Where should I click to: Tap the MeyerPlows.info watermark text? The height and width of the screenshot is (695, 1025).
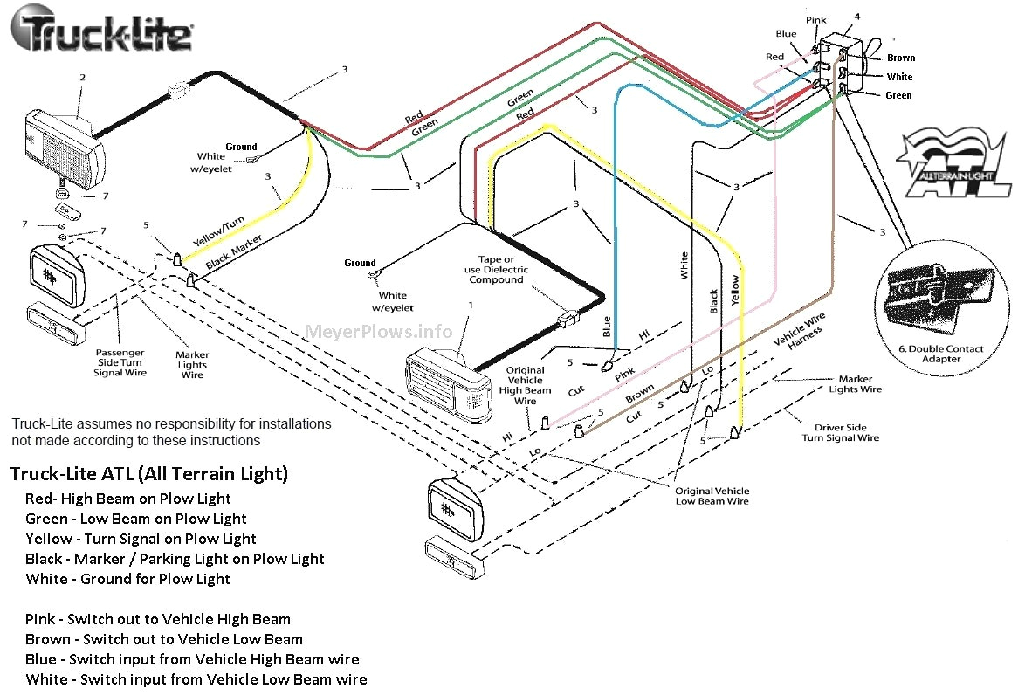point(379,332)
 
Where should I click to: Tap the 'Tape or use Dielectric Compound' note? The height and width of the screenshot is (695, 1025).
point(495,269)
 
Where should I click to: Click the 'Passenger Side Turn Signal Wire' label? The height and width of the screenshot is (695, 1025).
point(120,363)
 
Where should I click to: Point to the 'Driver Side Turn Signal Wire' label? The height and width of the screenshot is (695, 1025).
point(841,433)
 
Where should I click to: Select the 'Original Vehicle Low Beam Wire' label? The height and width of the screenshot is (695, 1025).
point(712,496)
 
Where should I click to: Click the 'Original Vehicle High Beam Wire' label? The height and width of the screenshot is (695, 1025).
point(525,386)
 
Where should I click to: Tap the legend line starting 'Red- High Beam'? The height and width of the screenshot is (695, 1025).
point(128,499)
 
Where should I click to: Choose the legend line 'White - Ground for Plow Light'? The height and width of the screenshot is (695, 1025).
point(128,579)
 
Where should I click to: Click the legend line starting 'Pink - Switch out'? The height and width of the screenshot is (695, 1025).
point(158,619)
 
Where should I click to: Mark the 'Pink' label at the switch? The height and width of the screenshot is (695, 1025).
point(816,19)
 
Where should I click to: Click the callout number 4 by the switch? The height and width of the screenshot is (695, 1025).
point(856,17)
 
